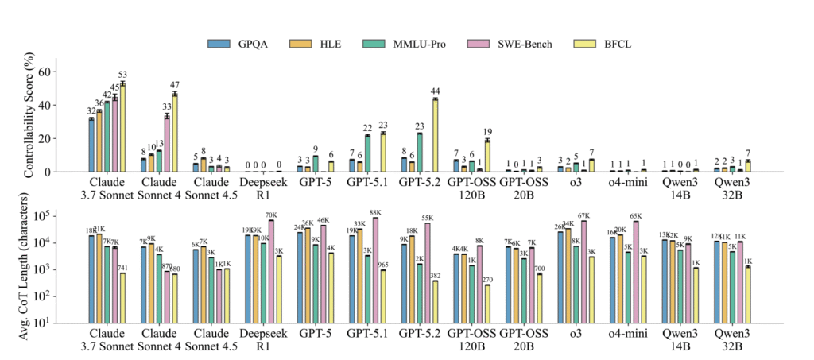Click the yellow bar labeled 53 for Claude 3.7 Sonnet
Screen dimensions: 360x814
pos(122,127)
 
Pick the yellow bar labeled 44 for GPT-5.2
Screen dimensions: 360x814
pos(435,135)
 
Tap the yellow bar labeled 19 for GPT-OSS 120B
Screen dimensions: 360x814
pos(486,156)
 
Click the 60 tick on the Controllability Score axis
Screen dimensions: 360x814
pos(53,72)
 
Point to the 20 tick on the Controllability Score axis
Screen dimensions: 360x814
pos(53,138)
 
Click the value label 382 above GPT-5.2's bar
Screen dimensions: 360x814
pos(435,275)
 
